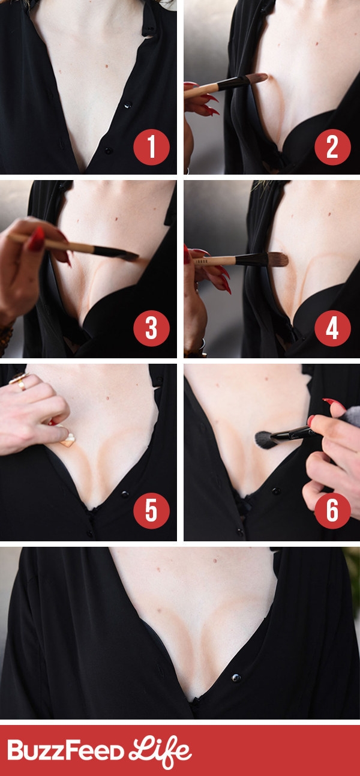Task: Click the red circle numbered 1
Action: click(151, 146)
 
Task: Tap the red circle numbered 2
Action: click(332, 146)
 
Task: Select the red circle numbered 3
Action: click(151, 328)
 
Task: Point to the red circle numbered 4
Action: click(332, 328)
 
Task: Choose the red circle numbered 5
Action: click(151, 510)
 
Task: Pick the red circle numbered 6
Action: click(332, 510)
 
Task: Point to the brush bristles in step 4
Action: click(278, 259)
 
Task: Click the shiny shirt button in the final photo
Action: click(236, 677)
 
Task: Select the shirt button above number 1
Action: click(128, 104)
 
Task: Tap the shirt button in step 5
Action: click(124, 494)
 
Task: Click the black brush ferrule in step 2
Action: click(233, 83)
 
